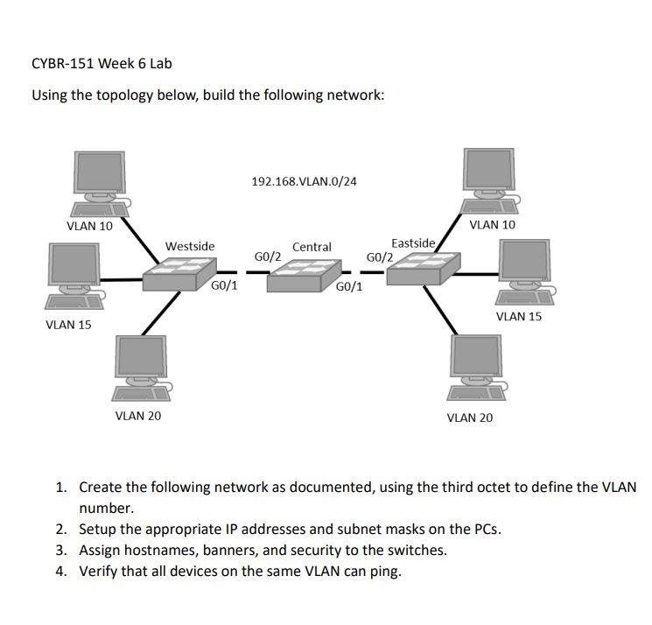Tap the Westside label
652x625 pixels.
190,246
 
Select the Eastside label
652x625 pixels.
413,242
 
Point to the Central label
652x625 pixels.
312,247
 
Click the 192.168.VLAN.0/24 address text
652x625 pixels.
304,181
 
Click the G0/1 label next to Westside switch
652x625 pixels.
225,285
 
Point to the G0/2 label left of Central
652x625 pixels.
267,256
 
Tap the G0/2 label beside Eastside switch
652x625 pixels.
380,257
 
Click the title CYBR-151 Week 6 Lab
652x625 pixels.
102,63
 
